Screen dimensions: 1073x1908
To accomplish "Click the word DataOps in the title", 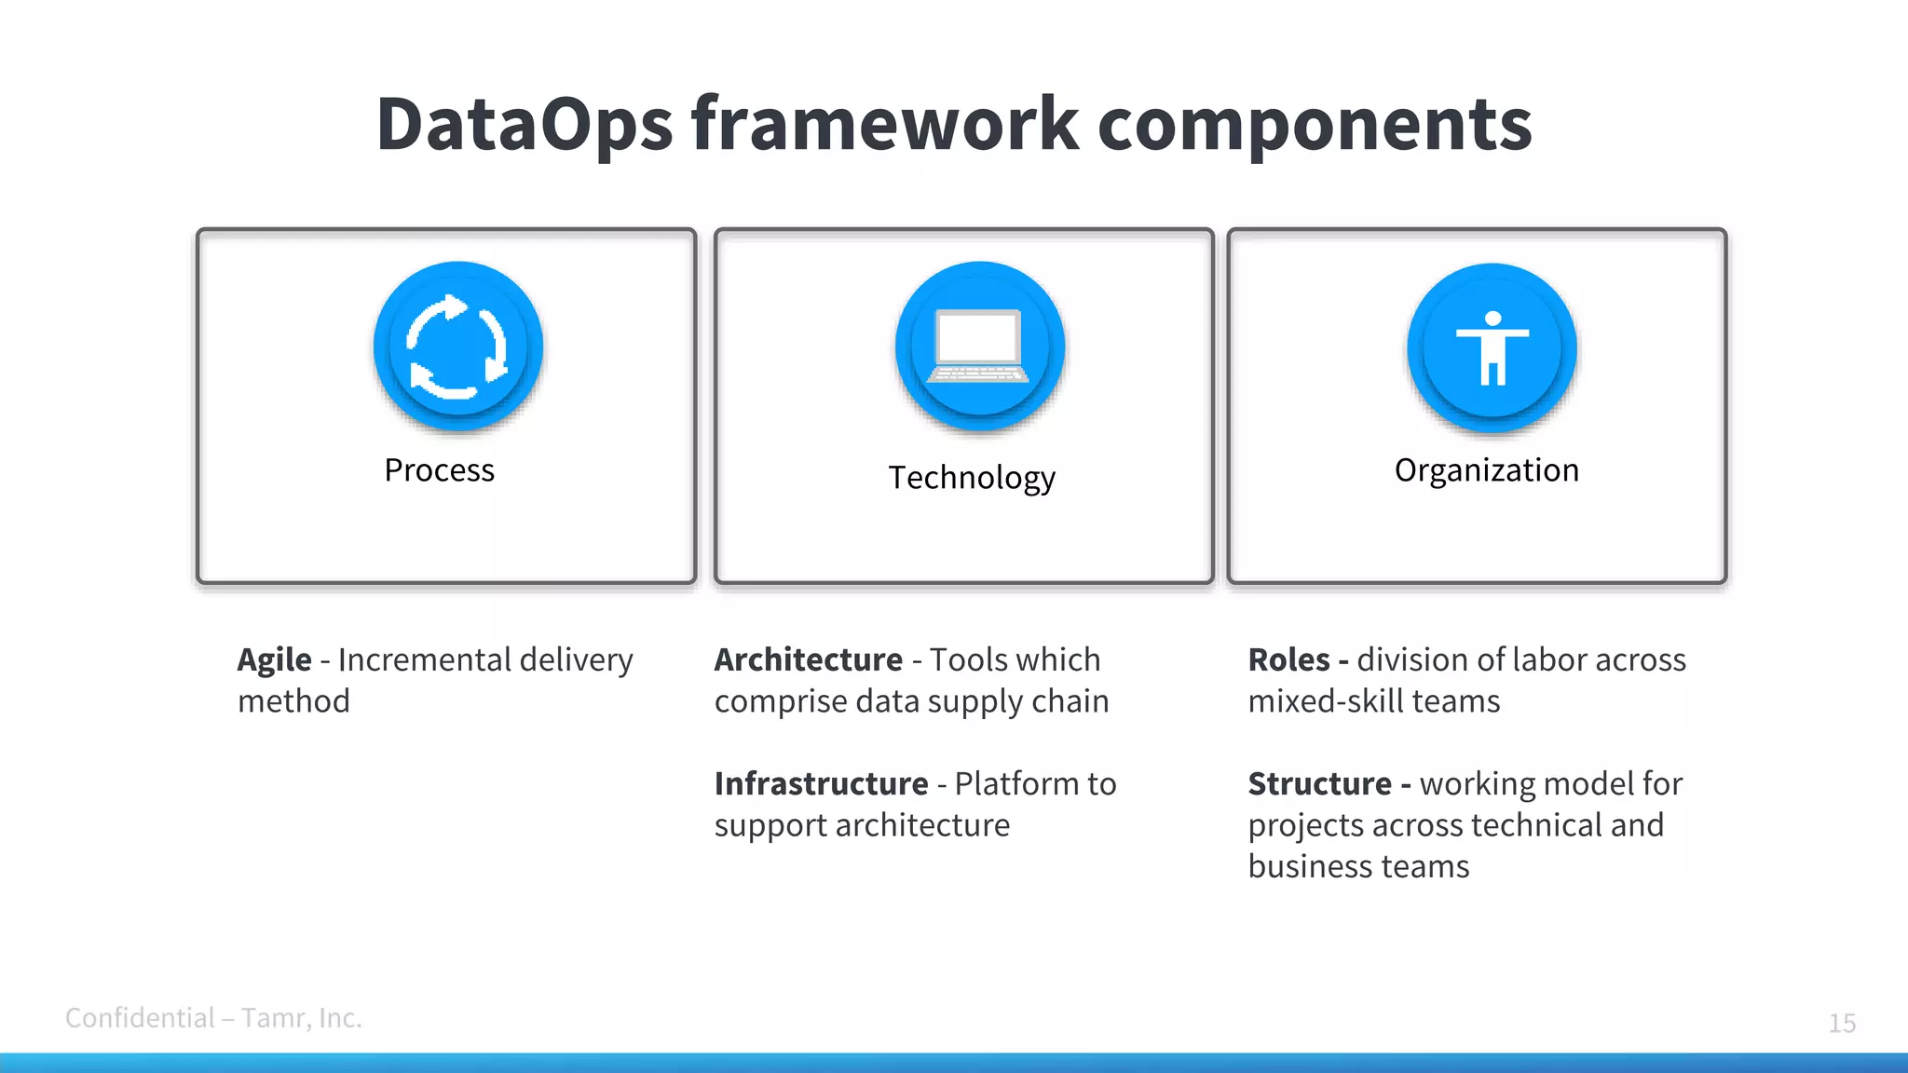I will tap(524, 124).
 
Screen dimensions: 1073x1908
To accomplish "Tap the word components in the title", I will tap(1315, 124).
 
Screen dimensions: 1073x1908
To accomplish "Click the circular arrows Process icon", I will tap(457, 346).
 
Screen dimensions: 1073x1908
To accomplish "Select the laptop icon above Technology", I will tap(979, 346).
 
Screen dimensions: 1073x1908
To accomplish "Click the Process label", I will tap(439, 470).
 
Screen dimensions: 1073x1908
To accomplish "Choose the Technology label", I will tap(971, 478).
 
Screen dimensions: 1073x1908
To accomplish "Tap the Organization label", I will tap(1486, 470).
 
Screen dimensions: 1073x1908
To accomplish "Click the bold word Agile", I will tap(274, 660).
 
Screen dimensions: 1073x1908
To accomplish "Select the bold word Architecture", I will tap(808, 660).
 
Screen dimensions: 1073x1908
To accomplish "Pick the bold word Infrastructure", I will tap(821, 784).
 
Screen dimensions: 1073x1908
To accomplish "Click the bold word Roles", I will tap(1288, 660).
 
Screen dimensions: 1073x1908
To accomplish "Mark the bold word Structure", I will tap(1319, 784).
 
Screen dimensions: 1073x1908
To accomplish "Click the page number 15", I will tap(1841, 1023).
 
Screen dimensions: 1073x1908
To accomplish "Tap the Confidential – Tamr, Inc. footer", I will tap(213, 1018).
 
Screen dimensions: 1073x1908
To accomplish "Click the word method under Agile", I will tap(293, 701).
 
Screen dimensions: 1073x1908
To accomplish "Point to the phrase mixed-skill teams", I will tap(1373, 701).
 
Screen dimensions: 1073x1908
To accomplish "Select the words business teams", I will tap(1357, 867).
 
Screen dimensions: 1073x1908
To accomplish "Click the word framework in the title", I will tap(885, 124).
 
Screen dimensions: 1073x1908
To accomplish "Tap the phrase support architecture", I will tap(862, 826).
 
